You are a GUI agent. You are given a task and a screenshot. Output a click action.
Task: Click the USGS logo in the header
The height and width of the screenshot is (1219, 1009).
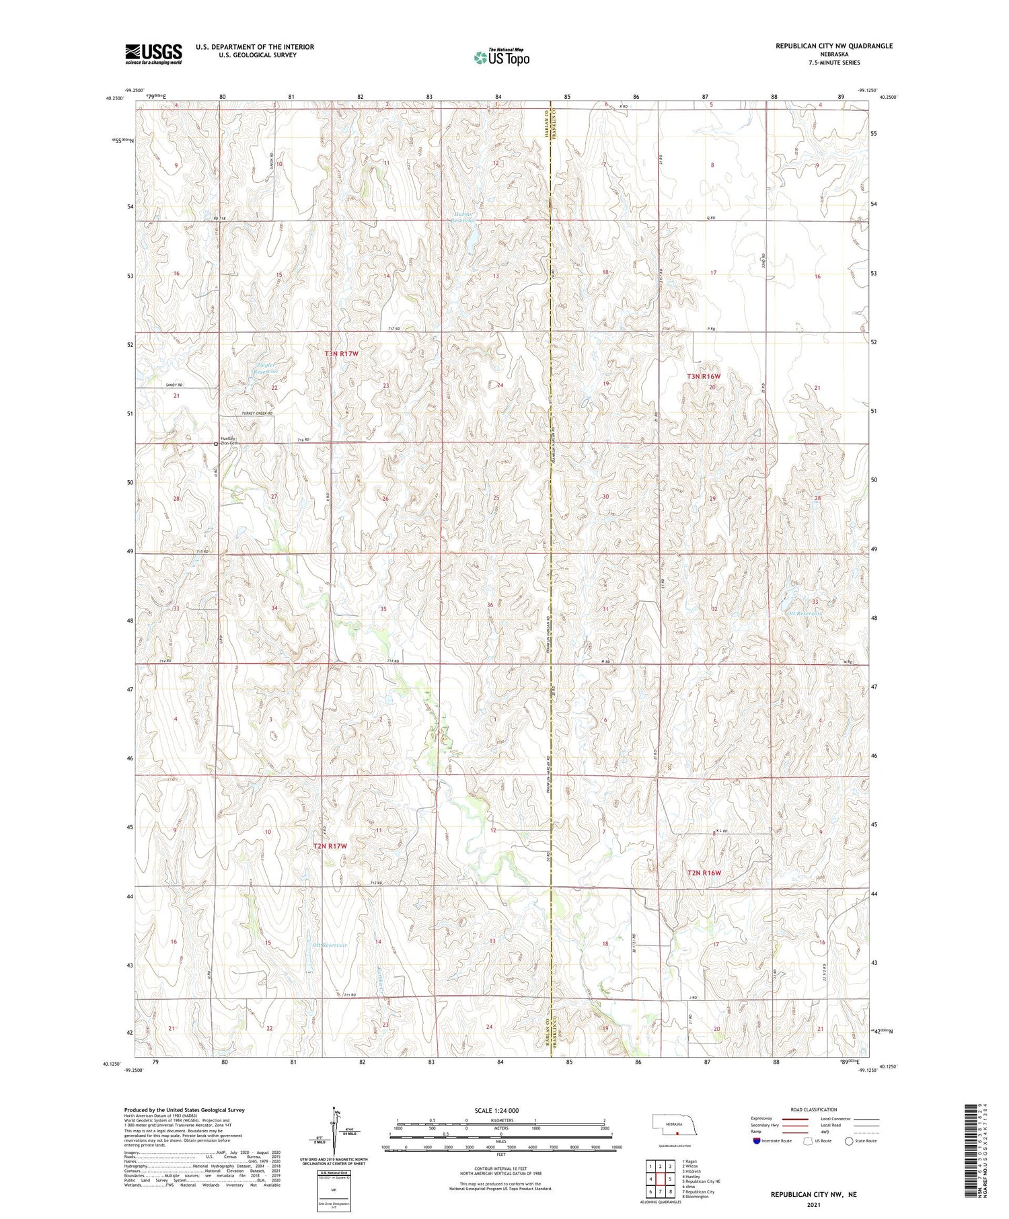pos(153,54)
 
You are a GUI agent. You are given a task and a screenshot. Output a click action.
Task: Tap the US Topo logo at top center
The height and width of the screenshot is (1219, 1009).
pos(502,57)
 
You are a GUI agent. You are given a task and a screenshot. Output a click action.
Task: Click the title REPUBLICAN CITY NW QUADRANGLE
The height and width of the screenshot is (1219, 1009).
pos(834,46)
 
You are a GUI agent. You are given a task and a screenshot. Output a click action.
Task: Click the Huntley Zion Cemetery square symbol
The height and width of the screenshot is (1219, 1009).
pos(216,444)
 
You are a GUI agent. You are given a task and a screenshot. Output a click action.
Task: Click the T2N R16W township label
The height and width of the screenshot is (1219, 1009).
pos(704,873)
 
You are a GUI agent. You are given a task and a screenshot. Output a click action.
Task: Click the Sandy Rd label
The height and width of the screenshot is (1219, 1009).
pos(174,385)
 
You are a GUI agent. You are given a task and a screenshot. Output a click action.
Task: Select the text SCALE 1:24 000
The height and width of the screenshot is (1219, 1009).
pos(496,1110)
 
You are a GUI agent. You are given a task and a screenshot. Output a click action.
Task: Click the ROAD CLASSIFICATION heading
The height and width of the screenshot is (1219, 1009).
pos(814,1109)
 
